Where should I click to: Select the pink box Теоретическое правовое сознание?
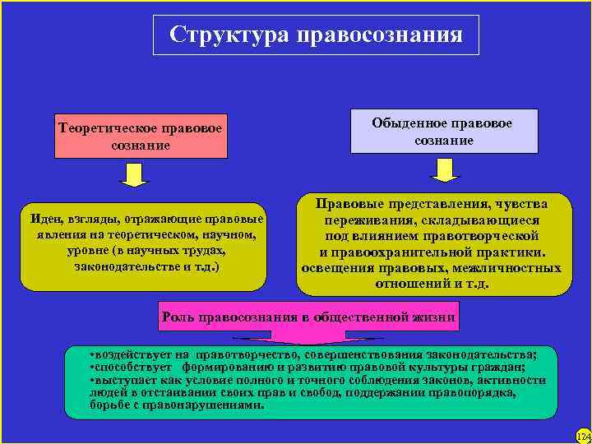point(141,135)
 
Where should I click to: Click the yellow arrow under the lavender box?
point(445,169)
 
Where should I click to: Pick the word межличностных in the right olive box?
point(512,268)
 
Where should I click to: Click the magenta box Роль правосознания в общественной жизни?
point(309,317)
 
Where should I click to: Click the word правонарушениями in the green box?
point(215,405)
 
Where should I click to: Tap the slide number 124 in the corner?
point(582,435)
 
